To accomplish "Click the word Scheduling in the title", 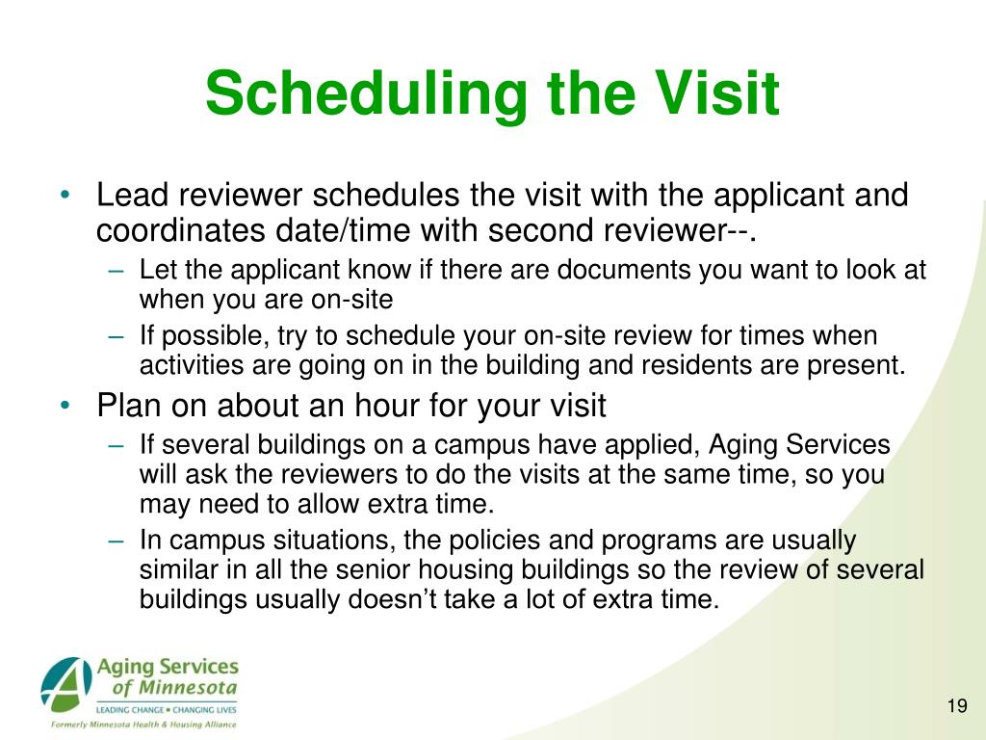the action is tap(367, 94).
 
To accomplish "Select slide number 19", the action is tap(957, 706).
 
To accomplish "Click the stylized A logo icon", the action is tap(66, 682).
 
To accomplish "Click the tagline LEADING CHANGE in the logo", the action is tap(130, 710).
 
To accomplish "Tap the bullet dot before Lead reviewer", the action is tap(65, 195).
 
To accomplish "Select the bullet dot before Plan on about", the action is tap(65, 406).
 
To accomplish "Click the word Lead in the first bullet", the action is tap(132, 195).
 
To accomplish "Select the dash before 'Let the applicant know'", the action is tap(117, 271).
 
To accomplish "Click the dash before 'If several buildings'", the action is tap(117, 445).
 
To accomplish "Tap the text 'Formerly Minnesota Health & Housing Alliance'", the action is tap(143, 725).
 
